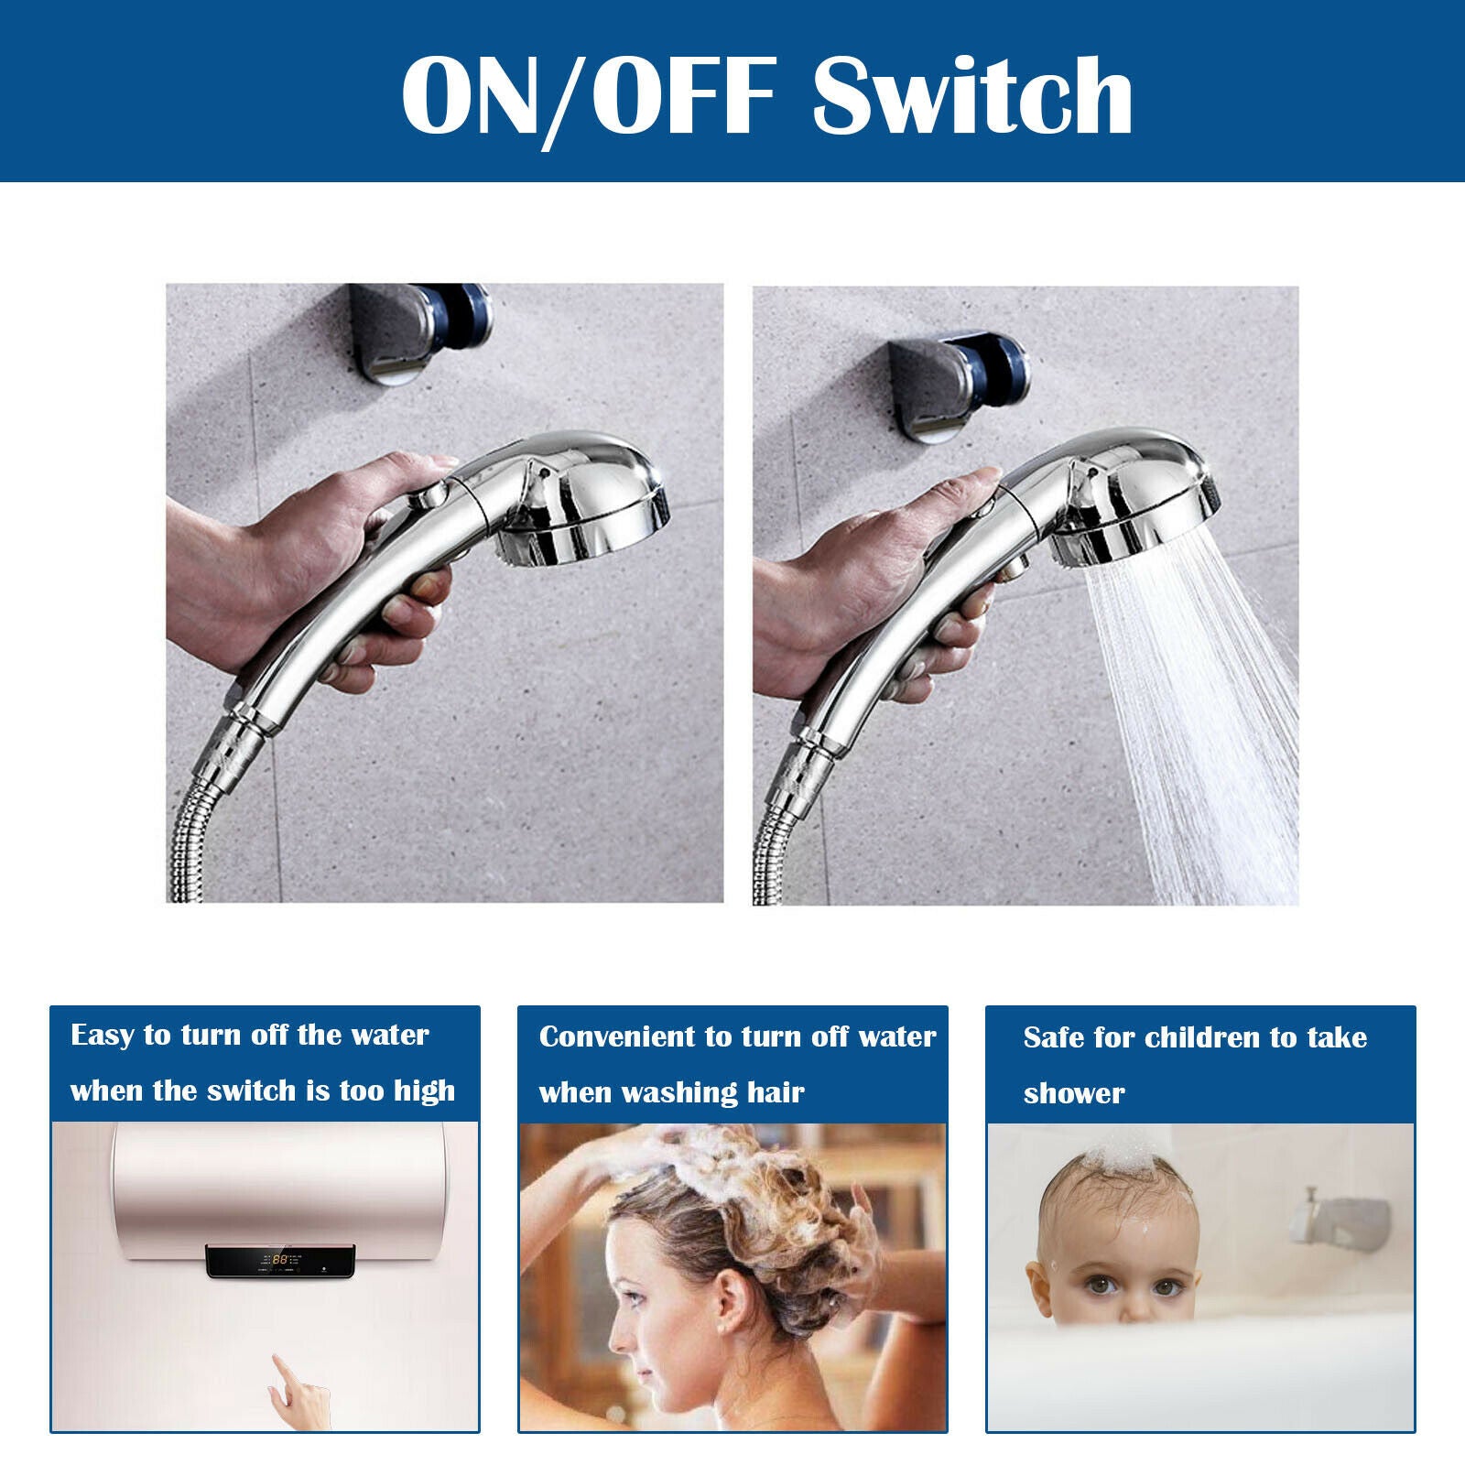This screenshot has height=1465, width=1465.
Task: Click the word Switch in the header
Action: [x=972, y=95]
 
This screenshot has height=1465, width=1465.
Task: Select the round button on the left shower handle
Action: [x=428, y=498]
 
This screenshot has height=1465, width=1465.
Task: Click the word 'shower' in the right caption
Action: [x=1074, y=1093]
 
